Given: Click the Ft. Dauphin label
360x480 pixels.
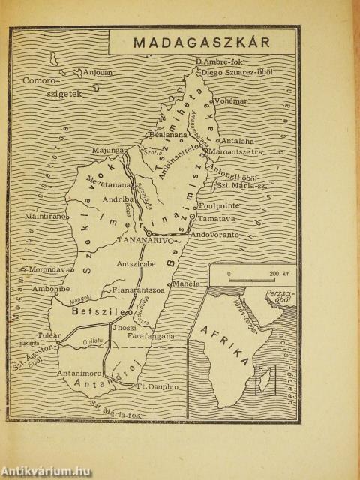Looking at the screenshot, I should (x=159, y=387).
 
